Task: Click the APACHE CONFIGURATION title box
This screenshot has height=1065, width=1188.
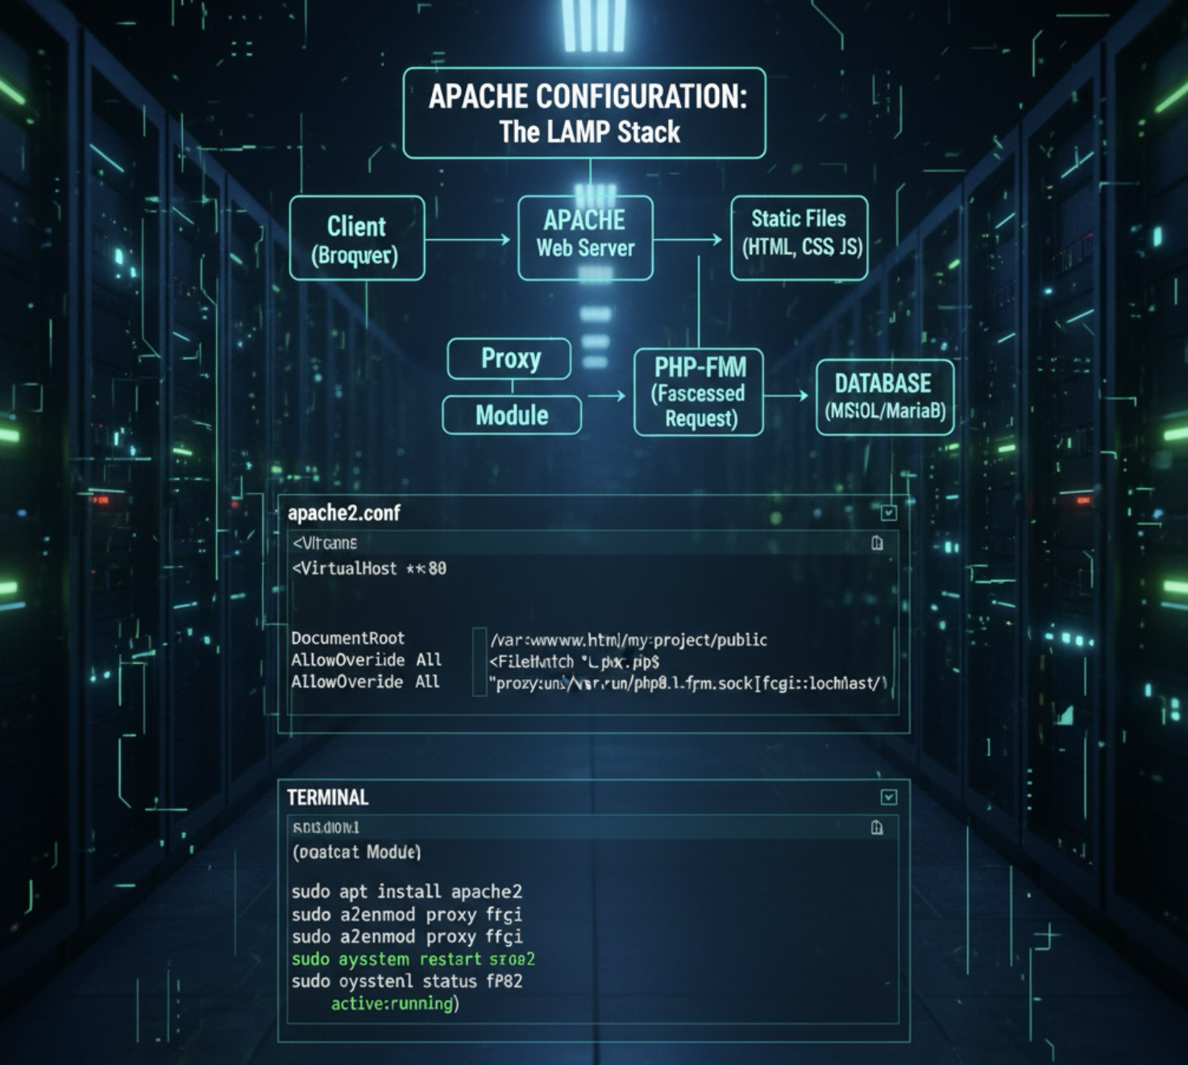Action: (x=584, y=113)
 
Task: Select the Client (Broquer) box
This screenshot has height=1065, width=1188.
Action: (x=356, y=238)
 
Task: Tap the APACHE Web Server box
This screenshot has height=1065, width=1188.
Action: (x=585, y=238)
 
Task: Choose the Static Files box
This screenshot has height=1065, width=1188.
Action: (x=799, y=238)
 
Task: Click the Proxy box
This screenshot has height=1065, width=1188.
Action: (x=509, y=358)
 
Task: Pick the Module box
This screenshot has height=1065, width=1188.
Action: (x=512, y=416)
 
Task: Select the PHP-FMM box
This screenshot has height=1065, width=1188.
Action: (x=699, y=392)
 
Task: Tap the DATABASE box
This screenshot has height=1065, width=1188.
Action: (x=884, y=397)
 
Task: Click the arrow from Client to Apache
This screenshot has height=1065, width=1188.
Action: (x=467, y=239)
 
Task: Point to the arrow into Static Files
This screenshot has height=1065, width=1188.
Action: (x=689, y=239)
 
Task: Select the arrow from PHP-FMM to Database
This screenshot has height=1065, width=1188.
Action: (x=786, y=395)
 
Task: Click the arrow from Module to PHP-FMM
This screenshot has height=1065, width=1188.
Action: (x=606, y=396)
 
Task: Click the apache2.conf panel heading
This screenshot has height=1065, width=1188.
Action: (x=344, y=513)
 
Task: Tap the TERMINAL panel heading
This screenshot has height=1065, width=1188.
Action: (x=328, y=798)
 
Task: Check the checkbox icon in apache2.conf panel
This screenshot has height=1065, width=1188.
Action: (x=888, y=513)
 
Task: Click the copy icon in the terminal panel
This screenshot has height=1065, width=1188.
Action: (x=877, y=827)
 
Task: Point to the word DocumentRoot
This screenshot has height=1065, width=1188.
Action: (x=347, y=638)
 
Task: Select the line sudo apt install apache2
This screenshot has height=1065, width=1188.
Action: (x=406, y=892)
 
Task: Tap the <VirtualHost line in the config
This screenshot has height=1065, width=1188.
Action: (x=369, y=569)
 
